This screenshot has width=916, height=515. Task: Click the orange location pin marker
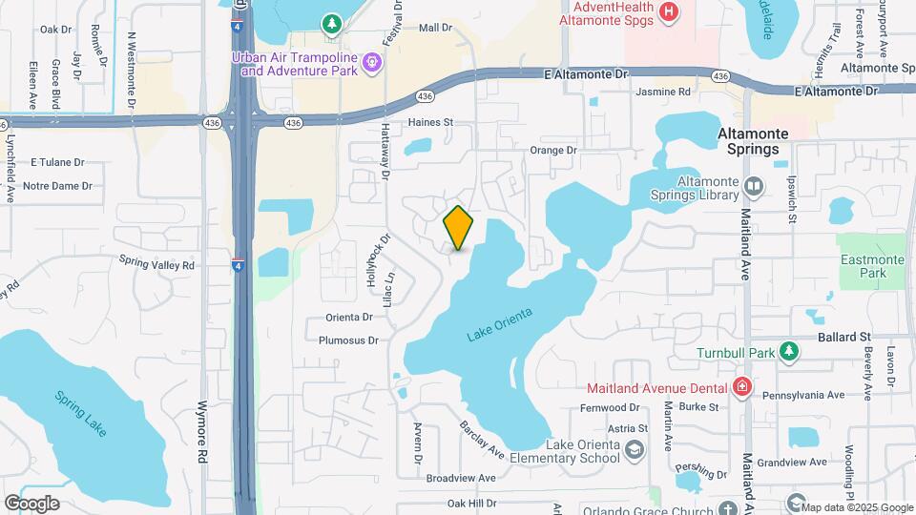(x=459, y=227)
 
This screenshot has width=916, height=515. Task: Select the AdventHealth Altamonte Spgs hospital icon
(x=669, y=12)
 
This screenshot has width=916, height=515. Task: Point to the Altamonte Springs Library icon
(x=753, y=186)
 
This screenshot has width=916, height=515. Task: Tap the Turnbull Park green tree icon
(x=788, y=351)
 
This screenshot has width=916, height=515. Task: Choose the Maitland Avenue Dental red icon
(x=741, y=386)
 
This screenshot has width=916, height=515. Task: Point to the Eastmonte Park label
(x=864, y=266)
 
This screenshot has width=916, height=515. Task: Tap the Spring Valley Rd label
(x=156, y=261)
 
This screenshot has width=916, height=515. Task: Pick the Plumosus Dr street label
(x=349, y=340)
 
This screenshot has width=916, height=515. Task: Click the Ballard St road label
(x=844, y=338)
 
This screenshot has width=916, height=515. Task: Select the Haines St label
(x=429, y=122)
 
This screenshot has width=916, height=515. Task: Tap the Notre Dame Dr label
(x=57, y=186)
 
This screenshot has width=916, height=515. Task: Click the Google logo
(x=31, y=503)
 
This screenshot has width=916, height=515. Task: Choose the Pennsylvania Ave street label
(x=809, y=395)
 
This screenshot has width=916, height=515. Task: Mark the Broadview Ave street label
(x=462, y=478)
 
